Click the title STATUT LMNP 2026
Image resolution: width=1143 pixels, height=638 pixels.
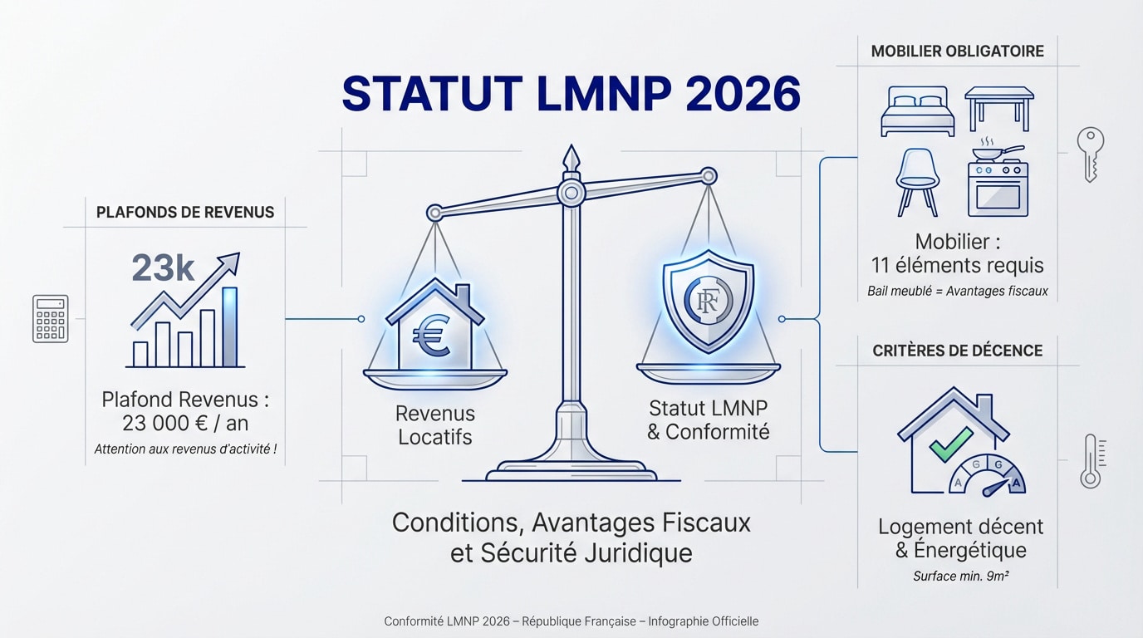coord(571,94)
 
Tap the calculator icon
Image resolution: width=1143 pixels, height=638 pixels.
coord(50,319)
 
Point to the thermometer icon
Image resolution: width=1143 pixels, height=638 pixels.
coord(1090,462)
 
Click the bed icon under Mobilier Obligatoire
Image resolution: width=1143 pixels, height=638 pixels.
coord(917,111)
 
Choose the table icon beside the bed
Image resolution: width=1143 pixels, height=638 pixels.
coord(998,106)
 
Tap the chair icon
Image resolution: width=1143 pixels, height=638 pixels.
coord(917,180)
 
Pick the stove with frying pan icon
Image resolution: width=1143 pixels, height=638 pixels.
coord(998,182)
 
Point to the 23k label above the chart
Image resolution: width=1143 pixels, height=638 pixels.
coord(163,269)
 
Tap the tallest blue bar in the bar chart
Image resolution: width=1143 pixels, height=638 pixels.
coord(229,326)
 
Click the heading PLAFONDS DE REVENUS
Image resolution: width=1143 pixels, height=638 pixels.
coord(185,212)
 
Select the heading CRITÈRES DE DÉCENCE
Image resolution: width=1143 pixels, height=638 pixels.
coord(957,351)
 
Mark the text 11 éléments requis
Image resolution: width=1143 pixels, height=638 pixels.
coord(957,266)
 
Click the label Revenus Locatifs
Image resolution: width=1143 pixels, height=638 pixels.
coord(435,425)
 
